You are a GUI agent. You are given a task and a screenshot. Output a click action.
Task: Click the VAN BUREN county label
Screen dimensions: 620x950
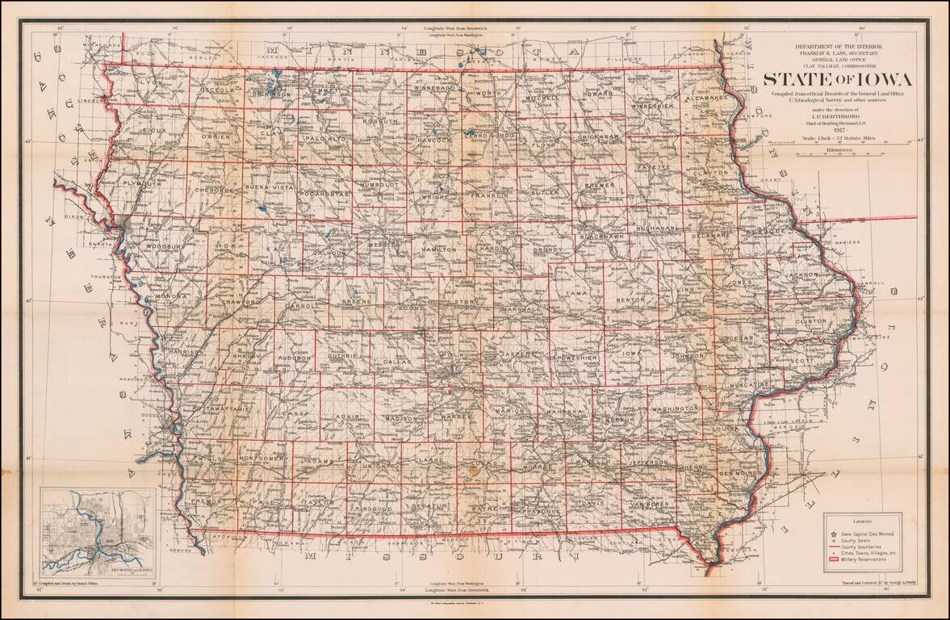coord(649,504)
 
